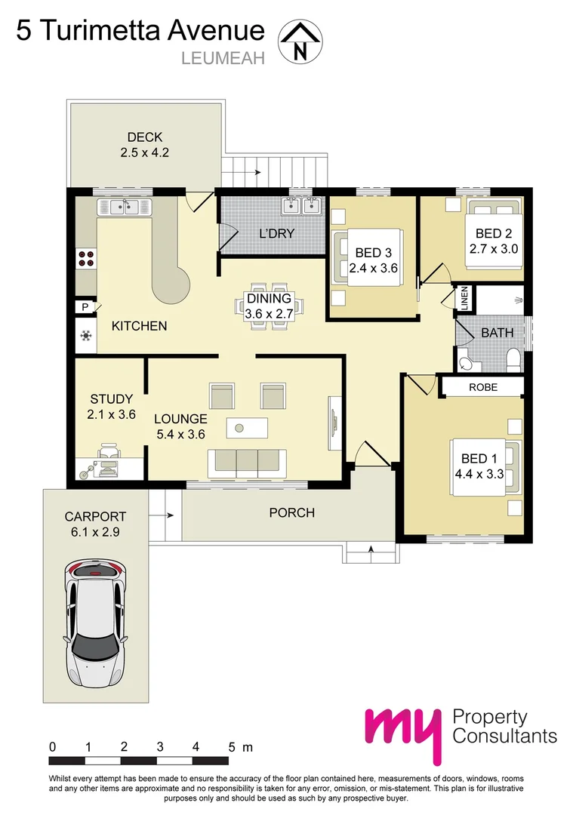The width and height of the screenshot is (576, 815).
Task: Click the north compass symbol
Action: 300,41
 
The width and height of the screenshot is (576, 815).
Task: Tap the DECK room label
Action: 145,137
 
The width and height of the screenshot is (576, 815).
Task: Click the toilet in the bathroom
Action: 513,358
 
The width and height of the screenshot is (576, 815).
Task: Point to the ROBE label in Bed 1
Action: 483,387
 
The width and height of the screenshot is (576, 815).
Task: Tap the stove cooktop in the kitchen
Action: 86,258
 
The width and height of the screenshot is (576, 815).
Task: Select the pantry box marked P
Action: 82,307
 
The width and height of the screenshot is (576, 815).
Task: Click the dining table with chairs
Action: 269,306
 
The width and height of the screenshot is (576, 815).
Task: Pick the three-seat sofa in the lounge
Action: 247,460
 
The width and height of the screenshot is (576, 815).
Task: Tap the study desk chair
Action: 109,453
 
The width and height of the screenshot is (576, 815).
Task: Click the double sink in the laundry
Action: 303,205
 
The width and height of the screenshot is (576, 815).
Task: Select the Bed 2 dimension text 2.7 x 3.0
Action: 492,247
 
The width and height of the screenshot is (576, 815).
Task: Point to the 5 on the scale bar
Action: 232,746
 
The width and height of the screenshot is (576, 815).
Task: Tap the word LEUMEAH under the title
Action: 223,58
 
